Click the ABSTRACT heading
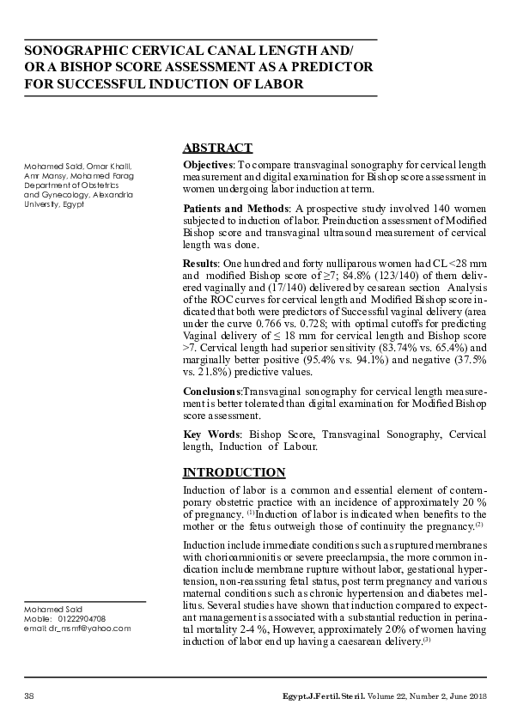218,148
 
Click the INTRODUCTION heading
234,472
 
